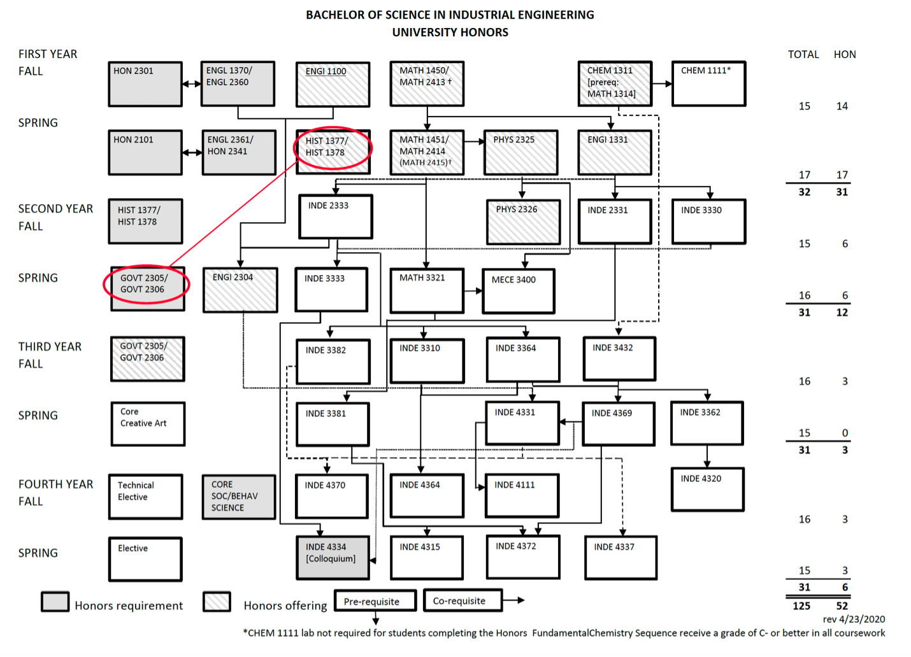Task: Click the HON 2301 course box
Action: coord(145,83)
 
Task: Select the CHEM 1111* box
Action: coord(708,83)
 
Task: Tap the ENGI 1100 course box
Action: coord(333,84)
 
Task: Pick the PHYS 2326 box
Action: coord(523,222)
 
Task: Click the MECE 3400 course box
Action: coord(518,291)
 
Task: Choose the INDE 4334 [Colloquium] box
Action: coord(333,558)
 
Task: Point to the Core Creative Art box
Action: coord(147,423)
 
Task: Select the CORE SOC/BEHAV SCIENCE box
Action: coord(239,497)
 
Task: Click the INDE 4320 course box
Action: coord(707,489)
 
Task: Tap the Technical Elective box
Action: coord(145,496)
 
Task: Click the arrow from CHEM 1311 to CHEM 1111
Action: coord(662,83)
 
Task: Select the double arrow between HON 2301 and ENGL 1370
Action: coord(192,83)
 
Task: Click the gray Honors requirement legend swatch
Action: coord(55,602)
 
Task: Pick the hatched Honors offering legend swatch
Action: coord(217,602)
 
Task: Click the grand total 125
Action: coord(801,605)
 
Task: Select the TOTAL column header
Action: coord(803,55)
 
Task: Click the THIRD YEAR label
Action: coord(50,346)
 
